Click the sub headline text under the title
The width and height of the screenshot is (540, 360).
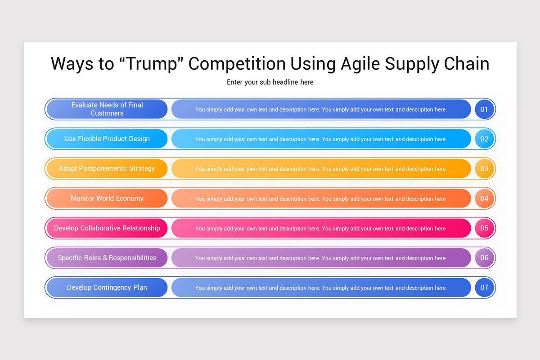coord(270,82)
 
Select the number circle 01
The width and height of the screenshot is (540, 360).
coord(484,109)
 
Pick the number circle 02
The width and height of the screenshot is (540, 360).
coord(484,139)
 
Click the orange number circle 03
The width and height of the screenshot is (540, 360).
coord(484,169)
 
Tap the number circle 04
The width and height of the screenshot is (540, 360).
coord(484,198)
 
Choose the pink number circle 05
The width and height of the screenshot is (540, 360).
coord(484,228)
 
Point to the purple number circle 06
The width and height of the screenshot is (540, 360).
coord(484,258)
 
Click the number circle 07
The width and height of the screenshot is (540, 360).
coord(484,288)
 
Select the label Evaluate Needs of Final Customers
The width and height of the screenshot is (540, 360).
coord(107,109)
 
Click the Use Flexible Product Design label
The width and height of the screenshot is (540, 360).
coord(107,139)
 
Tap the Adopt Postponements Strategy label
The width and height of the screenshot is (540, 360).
coord(107,169)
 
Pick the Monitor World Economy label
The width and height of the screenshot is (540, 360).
coord(107,198)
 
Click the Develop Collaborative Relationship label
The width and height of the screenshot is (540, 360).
coord(107,228)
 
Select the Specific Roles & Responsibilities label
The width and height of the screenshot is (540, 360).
coord(107,258)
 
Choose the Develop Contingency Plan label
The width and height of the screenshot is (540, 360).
coord(107,288)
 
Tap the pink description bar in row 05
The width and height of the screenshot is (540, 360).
coord(321,228)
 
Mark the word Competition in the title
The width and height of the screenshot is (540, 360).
coord(236,64)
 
